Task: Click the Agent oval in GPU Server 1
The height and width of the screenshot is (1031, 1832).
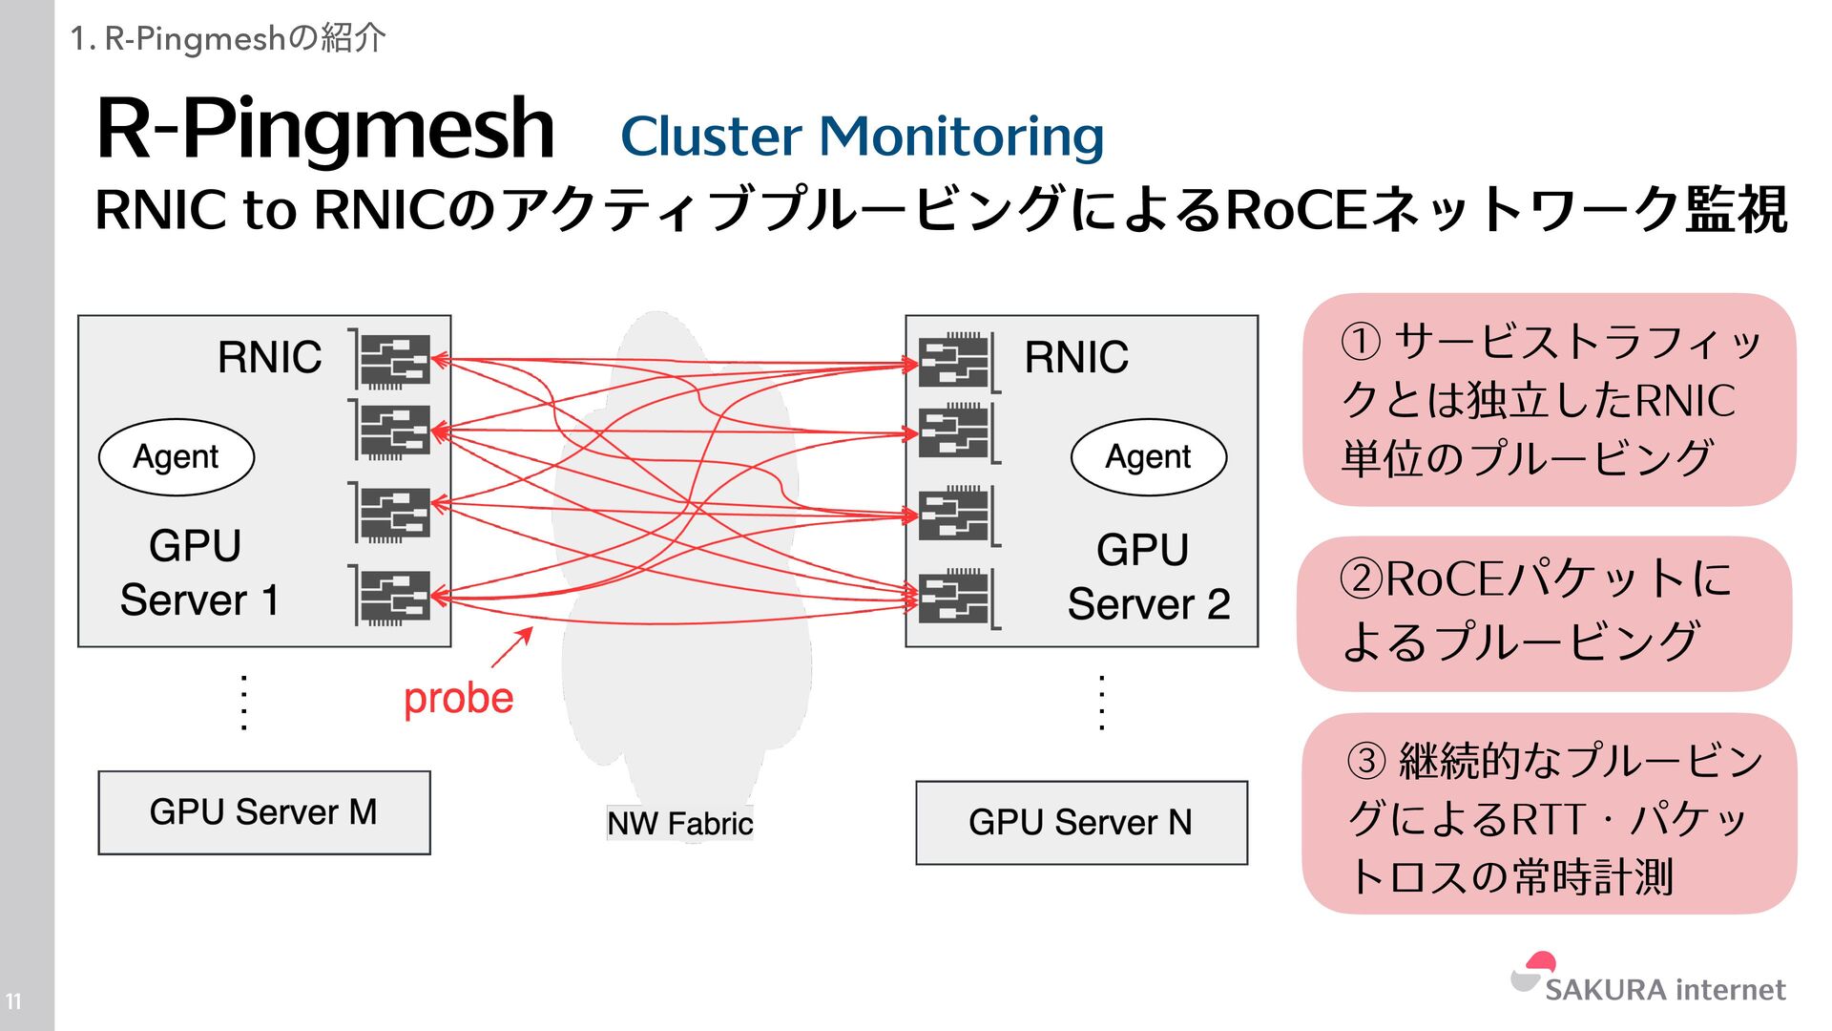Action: pos(177,457)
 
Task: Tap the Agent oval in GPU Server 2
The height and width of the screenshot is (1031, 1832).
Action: pos(1148,457)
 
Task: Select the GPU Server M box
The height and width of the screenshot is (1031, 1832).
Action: pos(264,812)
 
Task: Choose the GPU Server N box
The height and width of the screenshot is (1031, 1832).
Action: pos(1081,823)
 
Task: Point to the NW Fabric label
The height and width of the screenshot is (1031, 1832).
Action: pos(679,823)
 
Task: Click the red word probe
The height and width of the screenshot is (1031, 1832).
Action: pos(458,698)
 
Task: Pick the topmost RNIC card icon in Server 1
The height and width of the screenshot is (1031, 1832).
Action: pos(393,360)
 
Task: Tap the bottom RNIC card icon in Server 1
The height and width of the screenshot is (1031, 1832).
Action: pos(393,597)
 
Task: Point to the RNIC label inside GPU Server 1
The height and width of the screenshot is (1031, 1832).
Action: pos(269,357)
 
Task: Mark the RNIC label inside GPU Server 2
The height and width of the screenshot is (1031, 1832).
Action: pos(1076,357)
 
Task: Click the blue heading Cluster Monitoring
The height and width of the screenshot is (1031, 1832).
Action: pos(862,136)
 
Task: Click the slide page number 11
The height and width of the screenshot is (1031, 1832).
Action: pos(13,1001)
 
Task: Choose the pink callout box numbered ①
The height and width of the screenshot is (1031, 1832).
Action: pos(1549,399)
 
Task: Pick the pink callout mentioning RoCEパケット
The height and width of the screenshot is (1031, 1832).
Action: pos(1544,613)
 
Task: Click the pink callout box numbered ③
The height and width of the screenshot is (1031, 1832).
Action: pos(1549,813)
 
